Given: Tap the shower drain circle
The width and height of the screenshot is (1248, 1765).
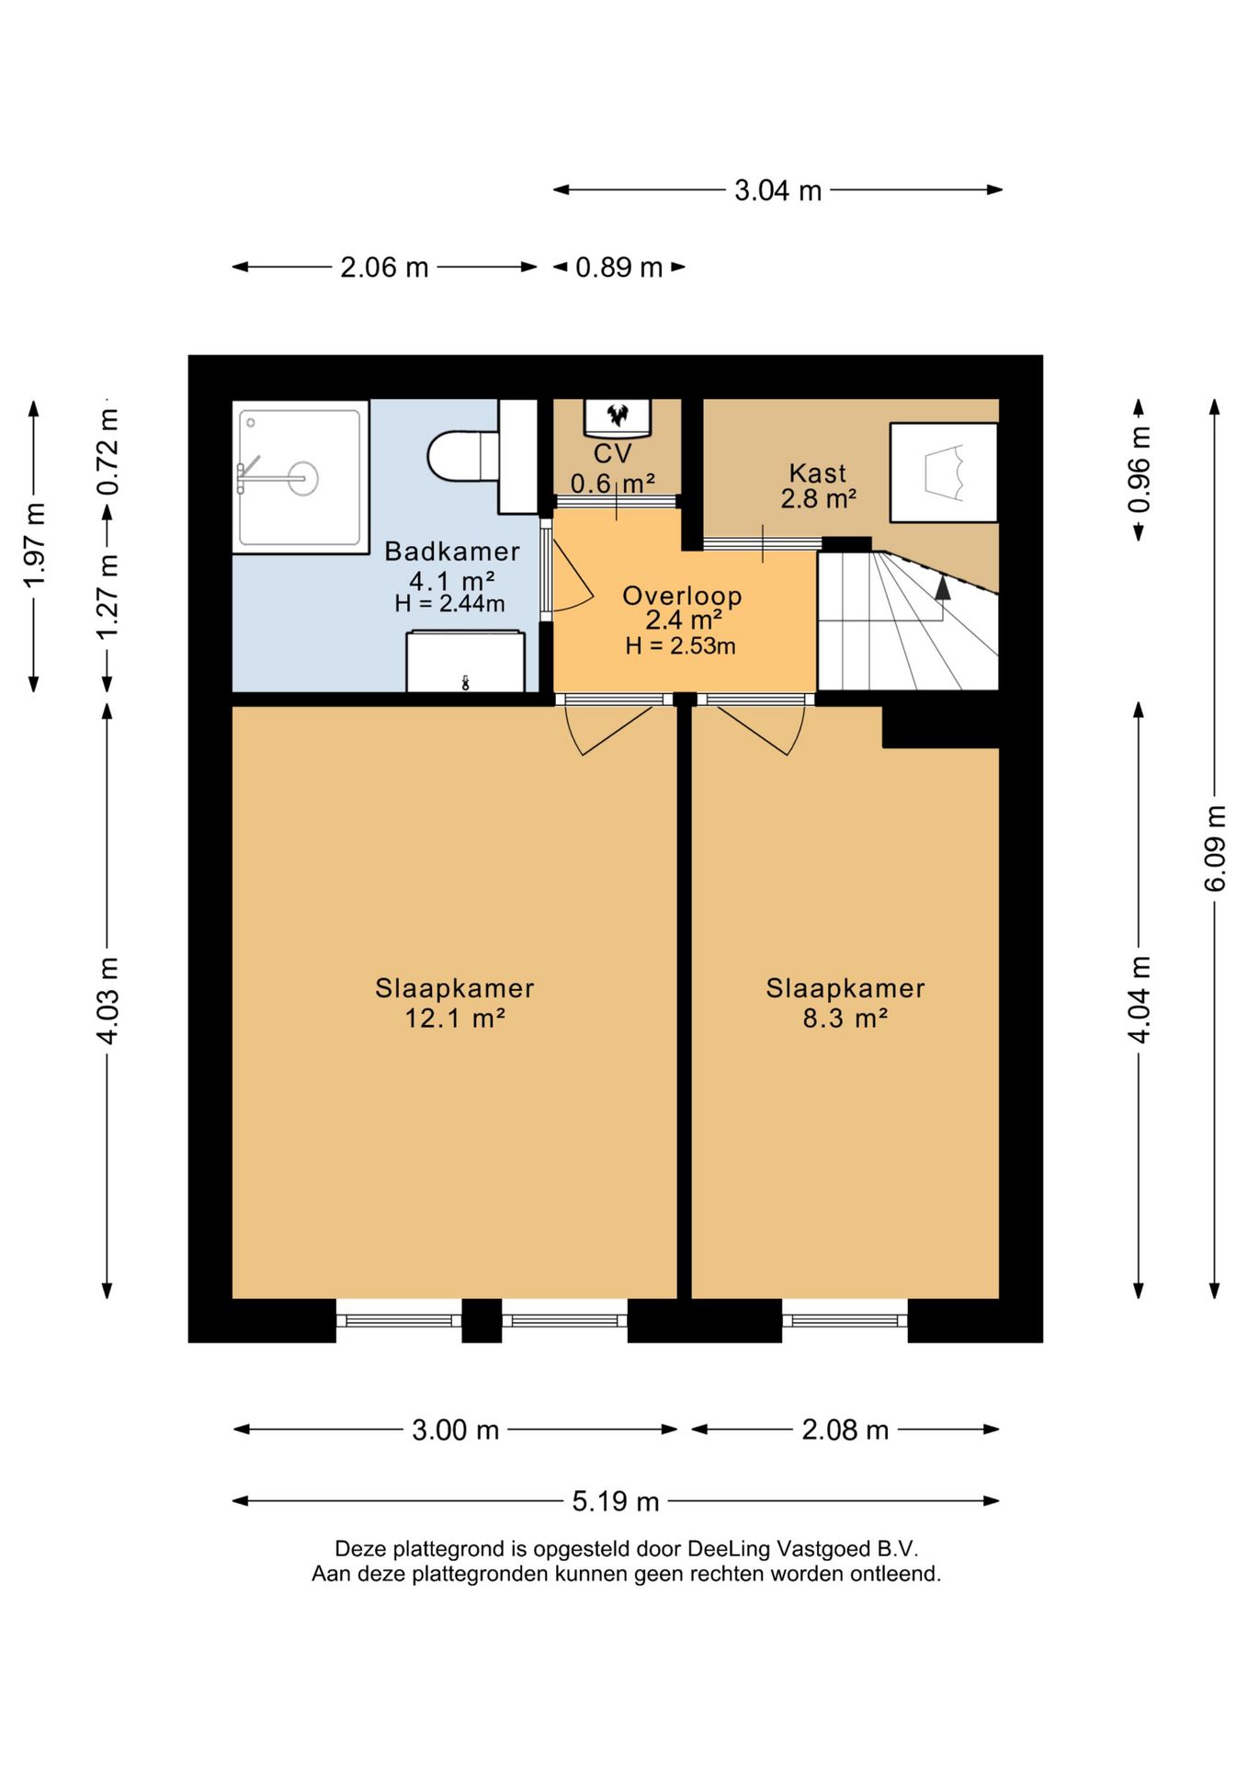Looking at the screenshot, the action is tap(303, 478).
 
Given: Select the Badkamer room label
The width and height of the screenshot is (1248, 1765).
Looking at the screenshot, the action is tap(452, 552).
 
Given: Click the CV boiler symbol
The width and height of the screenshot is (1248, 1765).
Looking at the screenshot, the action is tap(618, 416).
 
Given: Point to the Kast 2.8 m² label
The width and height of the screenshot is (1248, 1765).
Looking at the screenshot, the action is tap(818, 485).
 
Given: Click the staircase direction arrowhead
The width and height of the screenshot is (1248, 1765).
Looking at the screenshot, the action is tap(942, 588).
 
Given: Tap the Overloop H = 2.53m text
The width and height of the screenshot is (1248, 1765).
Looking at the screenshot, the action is tap(681, 646).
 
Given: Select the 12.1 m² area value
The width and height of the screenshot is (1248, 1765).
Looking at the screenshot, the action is tap(455, 1019).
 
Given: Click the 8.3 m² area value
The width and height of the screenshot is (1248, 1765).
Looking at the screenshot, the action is tap(845, 1019).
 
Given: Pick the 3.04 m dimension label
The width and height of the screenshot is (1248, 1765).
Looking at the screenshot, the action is tap(777, 190).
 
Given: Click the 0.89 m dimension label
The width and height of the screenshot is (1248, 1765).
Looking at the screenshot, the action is tap(618, 268).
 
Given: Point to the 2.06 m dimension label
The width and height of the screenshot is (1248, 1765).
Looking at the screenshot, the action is tap(384, 268).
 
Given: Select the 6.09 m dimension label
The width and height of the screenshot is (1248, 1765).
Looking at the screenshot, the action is tap(1215, 848).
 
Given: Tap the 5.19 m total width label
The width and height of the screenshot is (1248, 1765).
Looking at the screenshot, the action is tap(616, 1501).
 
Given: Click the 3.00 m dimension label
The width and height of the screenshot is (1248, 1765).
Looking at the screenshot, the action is tap(455, 1429).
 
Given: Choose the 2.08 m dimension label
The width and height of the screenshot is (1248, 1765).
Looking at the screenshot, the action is tap(845, 1429).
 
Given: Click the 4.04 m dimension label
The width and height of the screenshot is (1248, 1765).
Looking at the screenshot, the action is tap(1140, 1000).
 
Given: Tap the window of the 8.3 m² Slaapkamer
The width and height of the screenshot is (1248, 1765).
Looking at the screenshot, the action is tap(845, 1321).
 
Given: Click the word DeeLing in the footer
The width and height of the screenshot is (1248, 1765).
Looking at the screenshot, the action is tap(728, 1549).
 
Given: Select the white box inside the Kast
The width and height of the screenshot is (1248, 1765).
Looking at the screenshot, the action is tap(944, 473).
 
